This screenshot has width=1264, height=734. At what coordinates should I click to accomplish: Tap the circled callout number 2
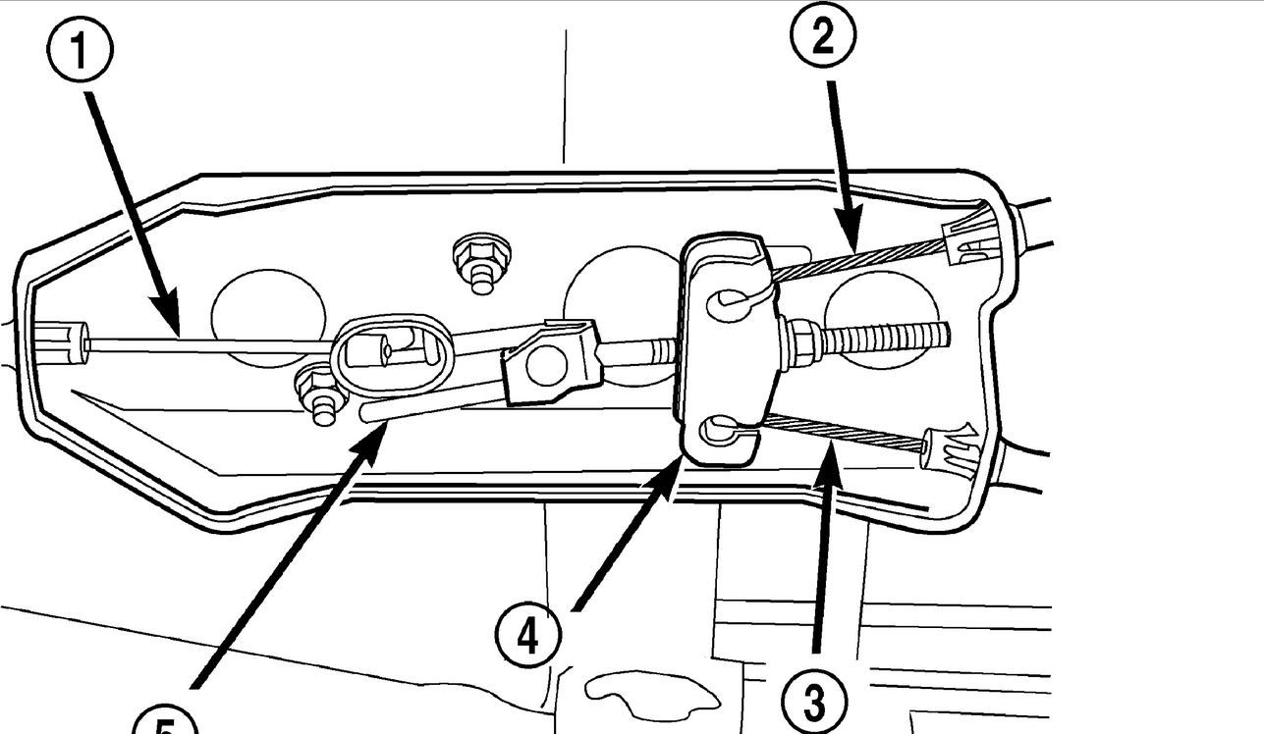coord(823,38)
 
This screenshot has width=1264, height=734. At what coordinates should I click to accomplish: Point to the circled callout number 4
coord(528,637)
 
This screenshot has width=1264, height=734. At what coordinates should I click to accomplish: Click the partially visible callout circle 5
coord(165,724)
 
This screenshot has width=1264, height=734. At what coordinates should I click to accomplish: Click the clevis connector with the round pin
coord(548,362)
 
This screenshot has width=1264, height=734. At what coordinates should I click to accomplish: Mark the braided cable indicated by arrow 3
coord(845,432)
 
